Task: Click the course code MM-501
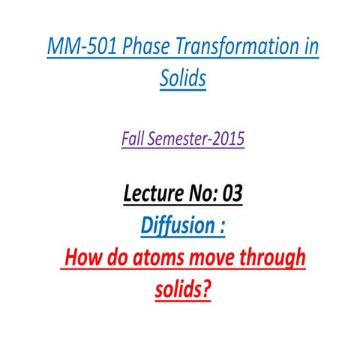tap(72, 46)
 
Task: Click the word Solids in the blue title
tap(180, 78)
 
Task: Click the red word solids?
tap(180, 289)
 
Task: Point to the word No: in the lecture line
tap(195, 193)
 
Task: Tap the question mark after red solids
tap(205, 289)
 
